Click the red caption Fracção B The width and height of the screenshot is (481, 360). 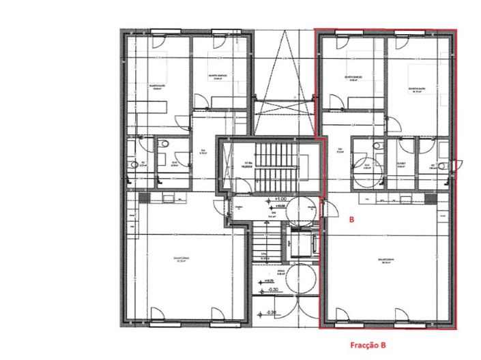pos(363,346)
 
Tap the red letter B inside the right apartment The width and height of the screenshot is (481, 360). pos(351,220)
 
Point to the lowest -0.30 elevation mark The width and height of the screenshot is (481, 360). pos(272,313)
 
